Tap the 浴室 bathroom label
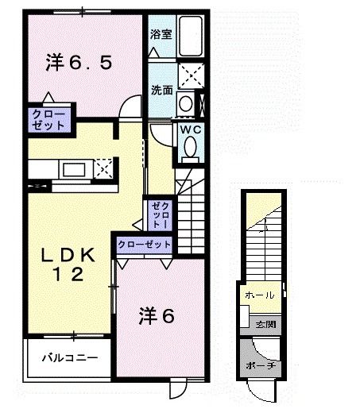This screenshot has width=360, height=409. [x=161, y=33]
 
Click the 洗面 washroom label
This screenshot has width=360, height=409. [x=161, y=89]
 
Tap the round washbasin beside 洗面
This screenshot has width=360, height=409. [x=185, y=102]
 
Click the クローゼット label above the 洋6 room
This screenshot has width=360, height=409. [x=144, y=244]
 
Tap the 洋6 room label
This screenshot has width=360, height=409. [x=157, y=315]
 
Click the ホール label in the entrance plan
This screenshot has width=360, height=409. [x=260, y=295]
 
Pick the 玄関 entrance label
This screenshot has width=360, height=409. [x=265, y=324]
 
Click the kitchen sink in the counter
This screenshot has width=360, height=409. [x=76, y=169]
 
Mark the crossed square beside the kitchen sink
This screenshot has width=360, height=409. [x=103, y=168]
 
